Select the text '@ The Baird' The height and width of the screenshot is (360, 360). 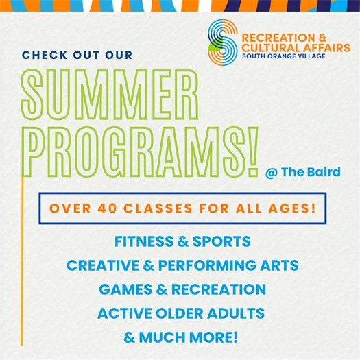(302, 172)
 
